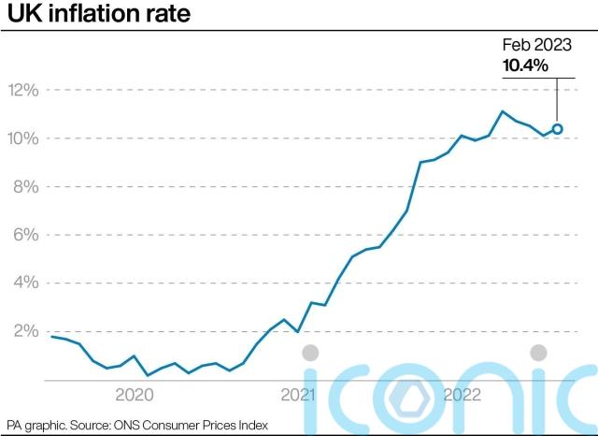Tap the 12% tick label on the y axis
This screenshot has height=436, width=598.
23,91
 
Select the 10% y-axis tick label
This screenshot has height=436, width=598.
23,138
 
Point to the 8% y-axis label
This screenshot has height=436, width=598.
23,187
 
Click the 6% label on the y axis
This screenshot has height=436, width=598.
23,235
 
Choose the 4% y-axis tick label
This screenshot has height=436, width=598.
23,283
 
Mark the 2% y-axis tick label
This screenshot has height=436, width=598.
23,331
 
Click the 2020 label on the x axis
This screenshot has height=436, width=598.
135,395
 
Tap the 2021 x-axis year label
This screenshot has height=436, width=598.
297,395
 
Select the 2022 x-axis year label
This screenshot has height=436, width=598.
462,395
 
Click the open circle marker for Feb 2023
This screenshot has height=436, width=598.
557,129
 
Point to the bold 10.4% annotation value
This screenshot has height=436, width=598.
525,65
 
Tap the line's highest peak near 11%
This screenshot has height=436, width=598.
503,111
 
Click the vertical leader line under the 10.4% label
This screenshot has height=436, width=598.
558,98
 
